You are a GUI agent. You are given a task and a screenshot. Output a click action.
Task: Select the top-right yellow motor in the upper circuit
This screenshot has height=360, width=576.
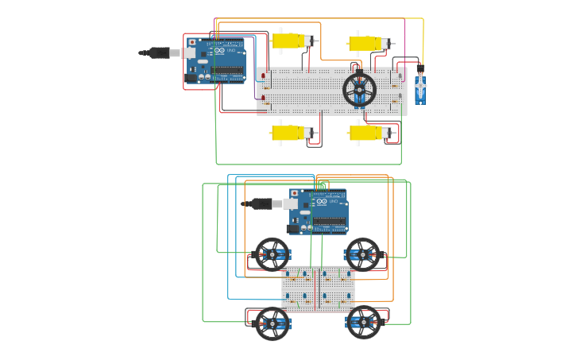pos(365,43)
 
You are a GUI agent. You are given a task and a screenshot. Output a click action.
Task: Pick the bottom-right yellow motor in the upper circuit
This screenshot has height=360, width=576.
pos(365,133)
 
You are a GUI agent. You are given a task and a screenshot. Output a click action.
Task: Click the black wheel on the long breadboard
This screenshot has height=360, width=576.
pos(359,90)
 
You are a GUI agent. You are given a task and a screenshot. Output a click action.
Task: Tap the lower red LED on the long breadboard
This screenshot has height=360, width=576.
pos(263,98)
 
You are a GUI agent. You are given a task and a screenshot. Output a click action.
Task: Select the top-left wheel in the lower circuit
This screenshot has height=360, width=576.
pos(272,254)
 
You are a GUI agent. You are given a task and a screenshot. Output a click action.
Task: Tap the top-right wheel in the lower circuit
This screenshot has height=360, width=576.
pos(362,254)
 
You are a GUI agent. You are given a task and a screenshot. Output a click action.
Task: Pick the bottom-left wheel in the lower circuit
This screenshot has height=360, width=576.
pos(272,323)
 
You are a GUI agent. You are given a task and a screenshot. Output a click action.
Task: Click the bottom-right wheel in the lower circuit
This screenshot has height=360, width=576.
pos(364,322)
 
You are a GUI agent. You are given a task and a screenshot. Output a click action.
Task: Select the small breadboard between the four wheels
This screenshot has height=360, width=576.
pos(318,288)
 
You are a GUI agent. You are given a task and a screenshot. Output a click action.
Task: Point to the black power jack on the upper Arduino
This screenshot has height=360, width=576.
pos(191,78)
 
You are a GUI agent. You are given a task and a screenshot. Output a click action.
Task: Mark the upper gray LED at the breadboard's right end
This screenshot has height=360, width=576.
pos(400,76)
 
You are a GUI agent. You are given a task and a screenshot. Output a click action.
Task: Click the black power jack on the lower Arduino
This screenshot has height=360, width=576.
pos(293,228)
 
